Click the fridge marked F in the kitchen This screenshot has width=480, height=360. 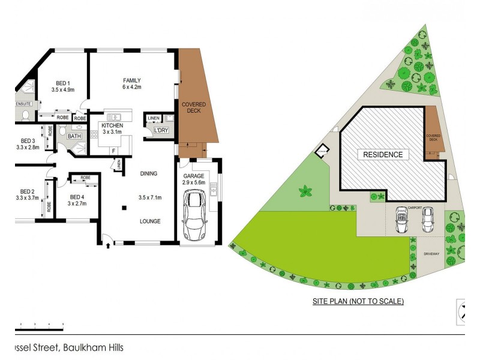113,149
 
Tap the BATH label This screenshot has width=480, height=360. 74,136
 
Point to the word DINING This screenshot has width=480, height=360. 148,174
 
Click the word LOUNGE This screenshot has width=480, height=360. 150,221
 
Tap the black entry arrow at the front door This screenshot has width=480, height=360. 108,244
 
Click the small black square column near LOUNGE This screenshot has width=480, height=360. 124,208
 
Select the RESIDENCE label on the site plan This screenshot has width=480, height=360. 383,155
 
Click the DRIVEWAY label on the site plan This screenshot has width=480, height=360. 431,254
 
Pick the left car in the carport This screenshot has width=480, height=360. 401,221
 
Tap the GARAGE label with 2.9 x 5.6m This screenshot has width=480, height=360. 195,179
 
